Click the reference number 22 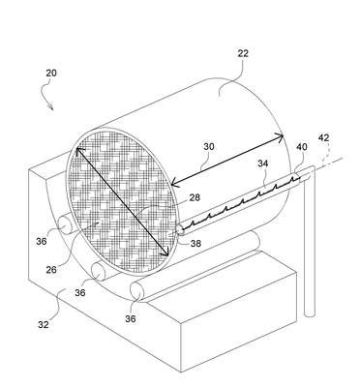coord(243,53)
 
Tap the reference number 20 coord(51,74)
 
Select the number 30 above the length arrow coord(209,147)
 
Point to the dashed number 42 coord(323,138)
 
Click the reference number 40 coord(302,147)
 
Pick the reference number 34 coord(262,164)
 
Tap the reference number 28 coord(194,197)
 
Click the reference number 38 coord(195,244)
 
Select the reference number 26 coord(51,270)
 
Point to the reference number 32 coord(44,324)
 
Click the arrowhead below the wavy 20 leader coord(51,107)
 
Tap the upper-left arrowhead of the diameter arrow coord(79,151)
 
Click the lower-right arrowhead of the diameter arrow coord(165,253)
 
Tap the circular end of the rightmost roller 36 coord(136,292)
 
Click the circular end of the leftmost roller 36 coord(65,224)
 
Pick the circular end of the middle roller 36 coord(99,273)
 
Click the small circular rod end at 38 coord(180,230)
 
